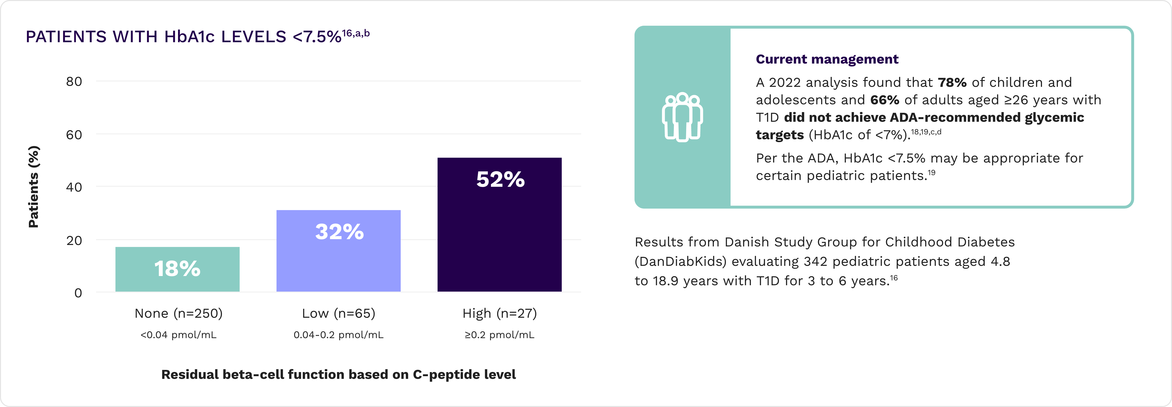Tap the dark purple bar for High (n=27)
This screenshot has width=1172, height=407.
pyautogui.click(x=500, y=236)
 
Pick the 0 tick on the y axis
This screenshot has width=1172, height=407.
pyautogui.click(x=78, y=293)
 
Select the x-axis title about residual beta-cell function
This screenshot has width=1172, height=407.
pyautogui.click(x=339, y=374)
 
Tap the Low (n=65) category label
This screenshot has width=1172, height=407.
pyautogui.click(x=339, y=313)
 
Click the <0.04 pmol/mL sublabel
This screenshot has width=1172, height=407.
pyautogui.click(x=178, y=335)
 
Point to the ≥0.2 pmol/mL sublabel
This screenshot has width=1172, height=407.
pyautogui.click(x=500, y=335)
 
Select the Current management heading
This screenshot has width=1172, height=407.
pyautogui.click(x=827, y=59)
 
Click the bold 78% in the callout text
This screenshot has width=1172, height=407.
pyautogui.click(x=952, y=82)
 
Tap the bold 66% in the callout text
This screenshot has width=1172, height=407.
pyautogui.click(x=885, y=100)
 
